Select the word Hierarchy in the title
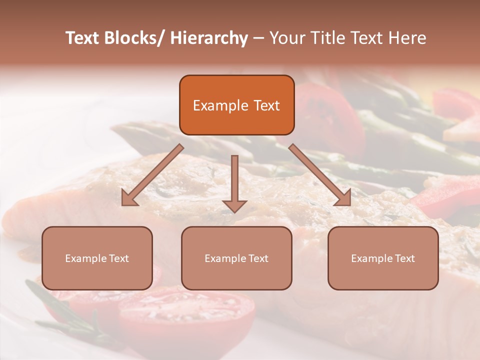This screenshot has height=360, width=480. tap(209, 38)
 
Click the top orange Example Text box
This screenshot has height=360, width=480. tap(236, 105)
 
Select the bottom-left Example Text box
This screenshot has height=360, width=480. tap(97, 258)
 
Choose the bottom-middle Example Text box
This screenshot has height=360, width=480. tap(236, 258)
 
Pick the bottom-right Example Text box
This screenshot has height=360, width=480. tap(383, 258)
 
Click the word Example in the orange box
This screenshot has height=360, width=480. tap(220, 105)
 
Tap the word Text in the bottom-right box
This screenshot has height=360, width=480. tap(404, 258)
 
